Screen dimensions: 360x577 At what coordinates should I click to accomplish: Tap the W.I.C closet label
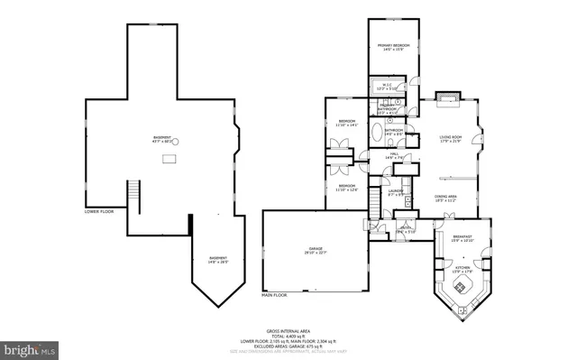[383, 88]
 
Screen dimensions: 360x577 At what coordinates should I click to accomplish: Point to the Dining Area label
[446, 198]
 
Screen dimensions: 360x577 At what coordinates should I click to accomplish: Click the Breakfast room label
[462, 238]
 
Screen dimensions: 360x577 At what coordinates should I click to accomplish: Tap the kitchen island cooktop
[460, 288]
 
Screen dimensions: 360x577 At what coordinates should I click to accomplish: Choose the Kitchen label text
[462, 268]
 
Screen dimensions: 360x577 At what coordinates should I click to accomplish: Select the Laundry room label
[395, 191]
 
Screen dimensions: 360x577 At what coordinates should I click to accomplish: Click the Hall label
[395, 157]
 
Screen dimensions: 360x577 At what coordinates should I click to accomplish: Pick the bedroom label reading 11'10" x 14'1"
[347, 124]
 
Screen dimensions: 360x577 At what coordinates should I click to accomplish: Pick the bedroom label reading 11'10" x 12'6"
[347, 188]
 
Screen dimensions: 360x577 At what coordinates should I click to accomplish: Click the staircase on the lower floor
[134, 192]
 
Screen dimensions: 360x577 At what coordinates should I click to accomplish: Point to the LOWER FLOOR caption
[98, 212]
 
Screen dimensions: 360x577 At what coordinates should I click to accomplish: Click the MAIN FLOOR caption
[275, 295]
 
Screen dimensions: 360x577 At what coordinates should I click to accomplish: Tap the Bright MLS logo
[31, 347]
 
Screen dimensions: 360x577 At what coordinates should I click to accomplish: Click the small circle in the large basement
[176, 142]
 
